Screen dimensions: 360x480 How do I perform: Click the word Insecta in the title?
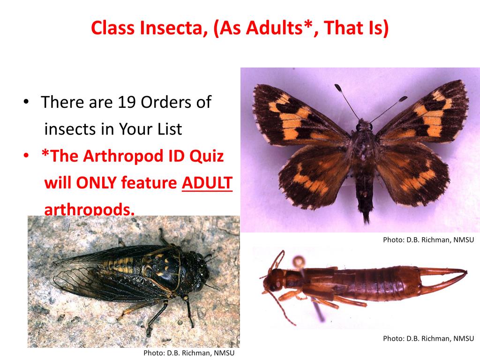[x=173, y=29]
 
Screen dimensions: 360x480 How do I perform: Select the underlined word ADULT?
[x=207, y=183]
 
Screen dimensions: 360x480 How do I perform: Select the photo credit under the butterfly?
[x=428, y=240]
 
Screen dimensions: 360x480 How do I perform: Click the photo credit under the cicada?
[x=188, y=353]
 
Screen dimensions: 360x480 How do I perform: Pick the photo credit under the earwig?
[x=428, y=338]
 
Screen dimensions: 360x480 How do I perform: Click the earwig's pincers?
[x=445, y=277]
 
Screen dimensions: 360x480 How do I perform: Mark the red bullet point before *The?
[x=27, y=157]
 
